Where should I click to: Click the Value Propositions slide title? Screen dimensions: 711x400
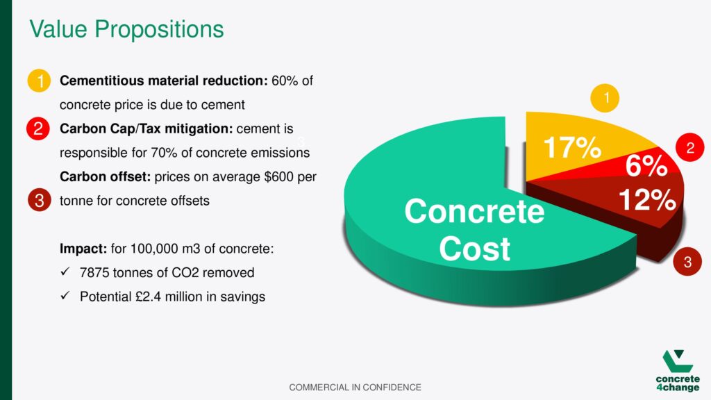126,29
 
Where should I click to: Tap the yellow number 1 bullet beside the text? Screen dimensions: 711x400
39,81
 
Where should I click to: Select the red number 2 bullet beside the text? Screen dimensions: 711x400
38,128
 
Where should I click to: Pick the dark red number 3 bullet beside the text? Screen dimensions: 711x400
39,200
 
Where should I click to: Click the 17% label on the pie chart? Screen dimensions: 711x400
572,147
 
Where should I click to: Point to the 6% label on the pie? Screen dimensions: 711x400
646,165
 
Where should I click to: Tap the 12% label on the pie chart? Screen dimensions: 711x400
647,199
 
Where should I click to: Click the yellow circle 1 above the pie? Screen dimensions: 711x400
605,98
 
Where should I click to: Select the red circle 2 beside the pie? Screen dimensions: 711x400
690,147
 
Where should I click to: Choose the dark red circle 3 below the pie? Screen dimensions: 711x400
687,262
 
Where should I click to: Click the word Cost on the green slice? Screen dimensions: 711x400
474,249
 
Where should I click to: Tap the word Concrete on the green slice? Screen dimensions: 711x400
474,211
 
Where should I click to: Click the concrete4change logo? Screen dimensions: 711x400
678,371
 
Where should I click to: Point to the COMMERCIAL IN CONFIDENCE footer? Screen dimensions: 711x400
355,387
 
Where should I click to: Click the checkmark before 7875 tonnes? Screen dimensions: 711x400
65,272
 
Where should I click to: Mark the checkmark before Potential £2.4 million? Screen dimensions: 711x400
65,295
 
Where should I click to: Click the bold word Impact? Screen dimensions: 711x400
83,249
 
